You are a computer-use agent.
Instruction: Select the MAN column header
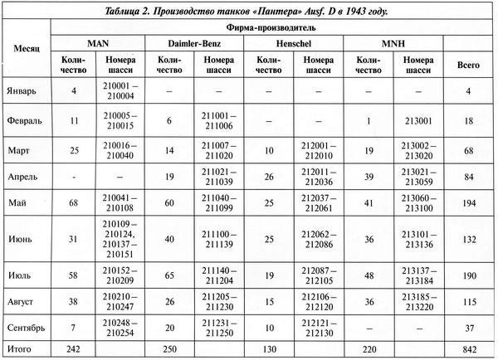(98, 41)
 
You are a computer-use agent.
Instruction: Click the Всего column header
(469, 65)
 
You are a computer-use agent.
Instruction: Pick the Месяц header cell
(26, 51)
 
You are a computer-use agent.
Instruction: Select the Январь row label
(22, 90)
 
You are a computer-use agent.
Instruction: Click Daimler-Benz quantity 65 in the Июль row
(171, 274)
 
